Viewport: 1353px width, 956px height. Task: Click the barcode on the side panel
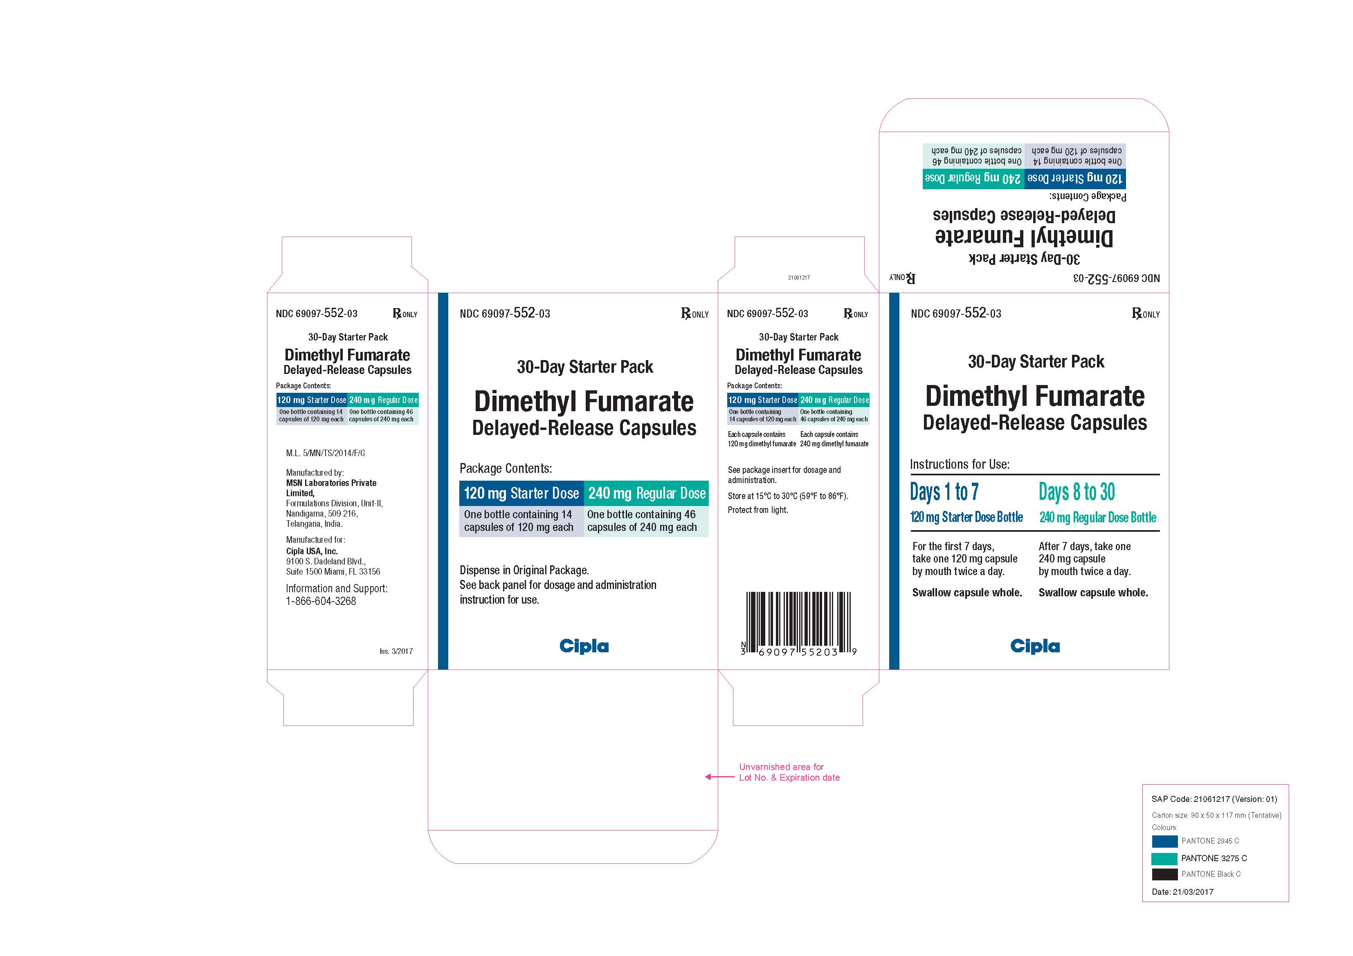(798, 623)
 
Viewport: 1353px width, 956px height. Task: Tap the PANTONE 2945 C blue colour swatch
(1164, 841)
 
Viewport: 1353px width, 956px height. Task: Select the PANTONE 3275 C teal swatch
(1164, 858)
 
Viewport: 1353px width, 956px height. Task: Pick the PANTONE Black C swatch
(1164, 874)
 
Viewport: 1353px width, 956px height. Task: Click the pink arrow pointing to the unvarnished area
(719, 777)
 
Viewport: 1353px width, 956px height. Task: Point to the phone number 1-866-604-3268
(321, 601)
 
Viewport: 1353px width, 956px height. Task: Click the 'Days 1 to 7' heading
(944, 492)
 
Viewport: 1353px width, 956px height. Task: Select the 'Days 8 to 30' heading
(1077, 492)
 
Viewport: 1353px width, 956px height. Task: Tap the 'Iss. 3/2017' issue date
(396, 651)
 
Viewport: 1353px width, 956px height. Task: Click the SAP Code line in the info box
(1214, 799)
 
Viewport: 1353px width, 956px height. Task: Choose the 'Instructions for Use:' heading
(960, 464)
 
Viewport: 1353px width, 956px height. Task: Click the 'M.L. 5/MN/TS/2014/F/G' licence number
(325, 453)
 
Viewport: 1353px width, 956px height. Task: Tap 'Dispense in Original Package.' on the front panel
(524, 570)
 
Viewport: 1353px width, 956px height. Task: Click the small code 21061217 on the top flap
(798, 278)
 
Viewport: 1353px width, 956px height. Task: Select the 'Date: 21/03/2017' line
(1182, 892)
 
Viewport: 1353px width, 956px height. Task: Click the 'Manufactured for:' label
(315, 540)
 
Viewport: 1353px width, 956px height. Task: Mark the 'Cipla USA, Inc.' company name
(312, 551)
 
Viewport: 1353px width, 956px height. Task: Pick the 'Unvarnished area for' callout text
(781, 767)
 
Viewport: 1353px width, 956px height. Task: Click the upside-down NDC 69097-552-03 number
(1116, 278)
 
